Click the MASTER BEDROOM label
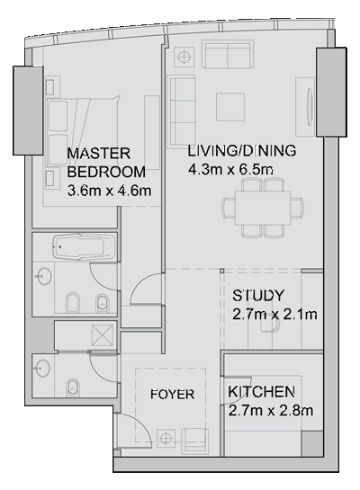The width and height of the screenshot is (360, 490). pyautogui.click(x=106, y=163)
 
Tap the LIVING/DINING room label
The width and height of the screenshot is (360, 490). pyautogui.click(x=242, y=151)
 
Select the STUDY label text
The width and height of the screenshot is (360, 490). pyautogui.click(x=258, y=295)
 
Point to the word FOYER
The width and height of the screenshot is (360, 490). pyautogui.click(x=172, y=395)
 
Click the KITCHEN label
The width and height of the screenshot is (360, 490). pyautogui.click(x=262, y=392)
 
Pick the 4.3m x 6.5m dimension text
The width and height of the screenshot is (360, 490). pyautogui.click(x=230, y=169)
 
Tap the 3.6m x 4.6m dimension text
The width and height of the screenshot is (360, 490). pyautogui.click(x=109, y=191)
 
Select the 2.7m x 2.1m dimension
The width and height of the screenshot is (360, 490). pyautogui.click(x=274, y=314)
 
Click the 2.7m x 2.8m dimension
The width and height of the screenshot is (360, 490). pyautogui.click(x=271, y=410)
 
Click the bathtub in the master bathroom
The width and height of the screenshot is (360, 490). pyautogui.click(x=84, y=246)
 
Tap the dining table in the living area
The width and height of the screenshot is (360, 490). pyautogui.click(x=263, y=208)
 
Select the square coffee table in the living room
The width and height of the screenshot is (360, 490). pyautogui.click(x=230, y=107)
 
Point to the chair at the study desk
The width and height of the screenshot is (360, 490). pyautogui.click(x=269, y=325)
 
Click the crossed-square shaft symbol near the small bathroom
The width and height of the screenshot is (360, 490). pyautogui.click(x=103, y=335)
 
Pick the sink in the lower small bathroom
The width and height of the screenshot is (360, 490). pyautogui.click(x=42, y=368)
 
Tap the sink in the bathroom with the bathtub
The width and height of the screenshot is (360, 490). pyautogui.click(x=43, y=276)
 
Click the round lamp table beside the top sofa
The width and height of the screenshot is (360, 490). pyautogui.click(x=184, y=57)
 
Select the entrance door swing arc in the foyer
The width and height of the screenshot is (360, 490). pyautogui.click(x=138, y=423)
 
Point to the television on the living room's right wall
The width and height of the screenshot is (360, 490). pyautogui.click(x=310, y=107)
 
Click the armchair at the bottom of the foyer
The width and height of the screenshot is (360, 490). pyautogui.click(x=196, y=441)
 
